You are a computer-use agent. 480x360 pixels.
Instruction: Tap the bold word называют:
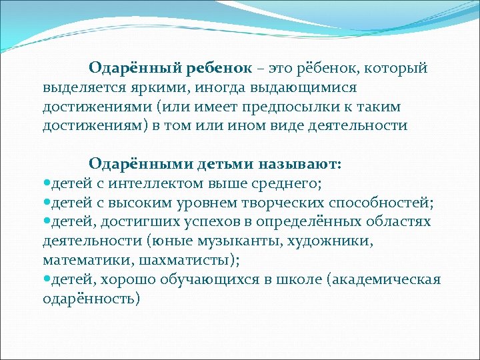click(303, 163)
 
